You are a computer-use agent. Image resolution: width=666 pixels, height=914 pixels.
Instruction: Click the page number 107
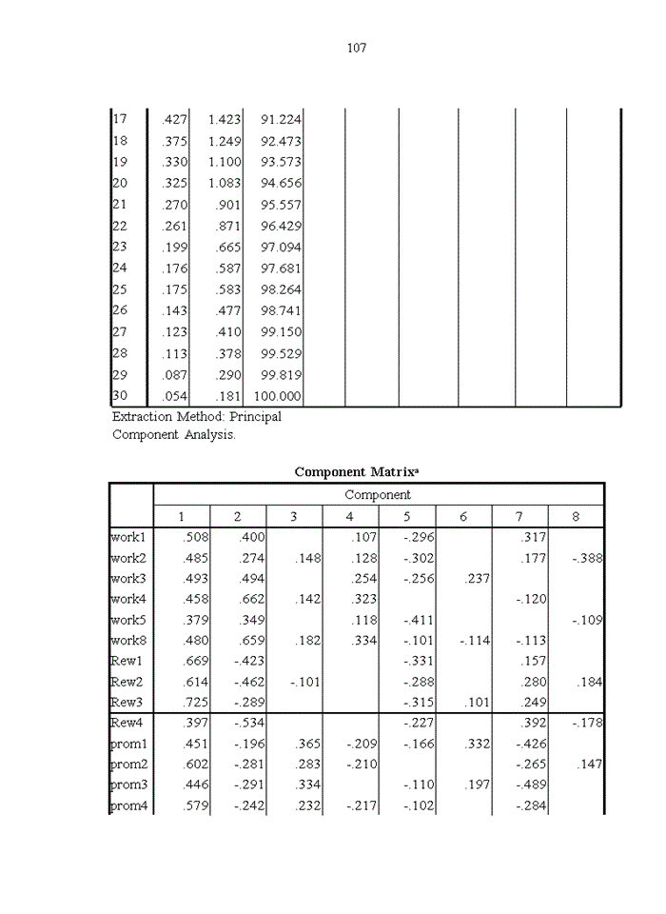(x=356, y=48)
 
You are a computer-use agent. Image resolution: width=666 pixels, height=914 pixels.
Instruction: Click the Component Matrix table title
(x=356, y=472)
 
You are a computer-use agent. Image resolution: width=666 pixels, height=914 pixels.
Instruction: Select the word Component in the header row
(x=378, y=495)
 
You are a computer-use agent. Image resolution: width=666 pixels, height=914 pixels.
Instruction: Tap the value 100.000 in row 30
(x=274, y=397)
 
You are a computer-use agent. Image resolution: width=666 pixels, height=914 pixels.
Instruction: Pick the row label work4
(x=127, y=600)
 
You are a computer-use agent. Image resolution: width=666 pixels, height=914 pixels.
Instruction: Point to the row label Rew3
(x=127, y=703)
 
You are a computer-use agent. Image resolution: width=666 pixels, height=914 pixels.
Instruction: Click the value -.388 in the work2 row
(x=587, y=559)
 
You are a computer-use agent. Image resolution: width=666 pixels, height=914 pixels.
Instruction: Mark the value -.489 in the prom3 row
(x=530, y=785)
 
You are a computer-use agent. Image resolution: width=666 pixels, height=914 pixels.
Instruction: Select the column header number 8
(x=576, y=517)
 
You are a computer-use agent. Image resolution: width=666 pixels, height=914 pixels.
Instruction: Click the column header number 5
(x=406, y=517)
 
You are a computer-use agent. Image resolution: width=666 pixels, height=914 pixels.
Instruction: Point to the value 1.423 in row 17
(x=225, y=120)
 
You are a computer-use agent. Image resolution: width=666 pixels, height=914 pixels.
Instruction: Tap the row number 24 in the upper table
(x=120, y=268)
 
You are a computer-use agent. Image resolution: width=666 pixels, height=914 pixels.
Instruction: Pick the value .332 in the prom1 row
(x=476, y=745)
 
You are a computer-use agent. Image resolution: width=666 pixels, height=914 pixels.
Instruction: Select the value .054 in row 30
(x=175, y=397)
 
